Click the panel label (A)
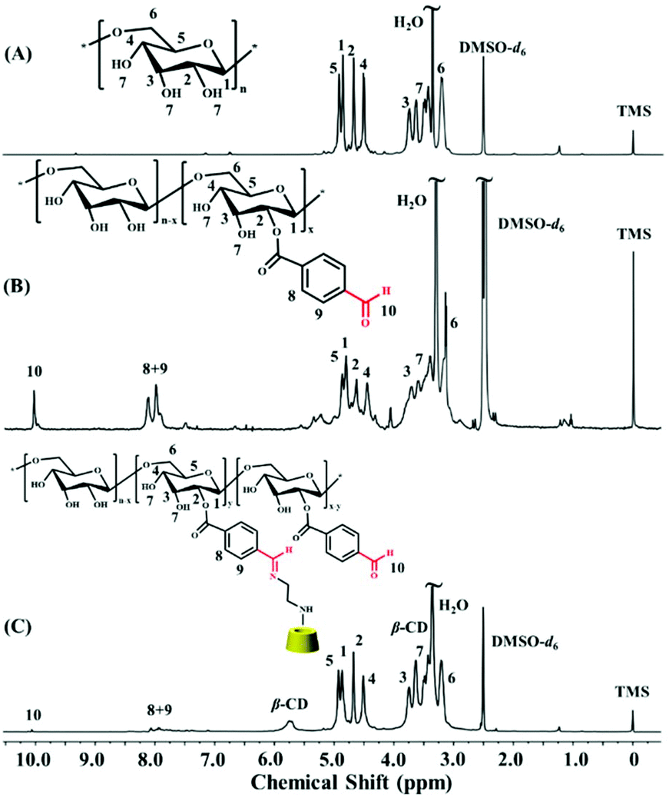click(x=19, y=55)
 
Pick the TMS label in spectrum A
click(x=633, y=111)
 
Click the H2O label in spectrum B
click(x=412, y=201)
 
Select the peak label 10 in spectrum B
click(x=35, y=371)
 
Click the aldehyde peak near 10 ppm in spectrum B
click(x=35, y=409)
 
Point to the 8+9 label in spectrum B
click(x=154, y=369)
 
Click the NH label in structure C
click(x=306, y=610)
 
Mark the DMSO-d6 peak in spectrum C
click(x=483, y=669)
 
